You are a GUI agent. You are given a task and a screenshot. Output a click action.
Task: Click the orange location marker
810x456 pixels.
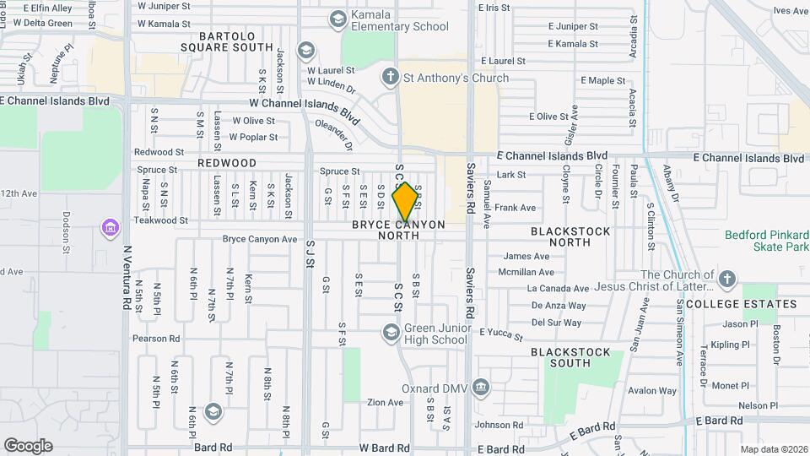[406, 201]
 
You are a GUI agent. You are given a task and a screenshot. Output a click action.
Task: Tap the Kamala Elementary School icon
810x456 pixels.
[338, 19]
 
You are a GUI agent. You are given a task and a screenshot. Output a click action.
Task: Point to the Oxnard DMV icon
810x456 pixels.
[481, 388]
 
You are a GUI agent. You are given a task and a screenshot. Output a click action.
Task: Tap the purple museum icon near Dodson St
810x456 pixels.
[110, 228]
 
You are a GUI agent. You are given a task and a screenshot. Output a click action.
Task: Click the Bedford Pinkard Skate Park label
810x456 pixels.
[767, 241]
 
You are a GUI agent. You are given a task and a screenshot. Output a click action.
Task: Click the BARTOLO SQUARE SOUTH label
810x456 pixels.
[225, 41]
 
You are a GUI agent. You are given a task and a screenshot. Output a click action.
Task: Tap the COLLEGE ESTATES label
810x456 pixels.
[741, 304]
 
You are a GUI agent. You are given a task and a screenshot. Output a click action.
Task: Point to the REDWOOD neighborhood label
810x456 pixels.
[227, 163]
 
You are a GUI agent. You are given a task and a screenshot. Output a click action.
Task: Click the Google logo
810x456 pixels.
[28, 445]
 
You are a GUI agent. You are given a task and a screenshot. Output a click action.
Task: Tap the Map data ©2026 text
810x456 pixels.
[774, 449]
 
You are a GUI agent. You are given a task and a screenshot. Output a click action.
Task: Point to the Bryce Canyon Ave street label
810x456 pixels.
[260, 239]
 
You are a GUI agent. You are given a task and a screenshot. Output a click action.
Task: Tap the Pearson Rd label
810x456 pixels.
[156, 339]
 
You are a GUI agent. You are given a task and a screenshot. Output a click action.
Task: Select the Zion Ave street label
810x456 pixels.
[385, 403]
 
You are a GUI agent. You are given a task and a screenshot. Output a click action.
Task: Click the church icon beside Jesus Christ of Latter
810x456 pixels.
[726, 276]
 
